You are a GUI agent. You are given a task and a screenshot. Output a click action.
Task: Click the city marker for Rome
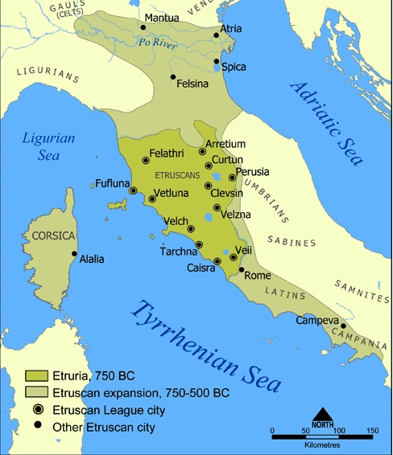[x=241, y=270]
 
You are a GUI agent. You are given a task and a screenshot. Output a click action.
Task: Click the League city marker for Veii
[x=234, y=257]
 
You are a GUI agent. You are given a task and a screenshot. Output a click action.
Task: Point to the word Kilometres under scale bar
[x=322, y=444]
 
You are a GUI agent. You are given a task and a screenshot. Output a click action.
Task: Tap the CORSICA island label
[x=53, y=236]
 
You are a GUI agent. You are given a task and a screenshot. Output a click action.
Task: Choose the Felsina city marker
[x=173, y=77]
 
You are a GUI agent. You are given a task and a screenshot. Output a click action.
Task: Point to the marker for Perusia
[x=233, y=178]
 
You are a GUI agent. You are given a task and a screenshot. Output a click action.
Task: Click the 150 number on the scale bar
[x=372, y=430]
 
